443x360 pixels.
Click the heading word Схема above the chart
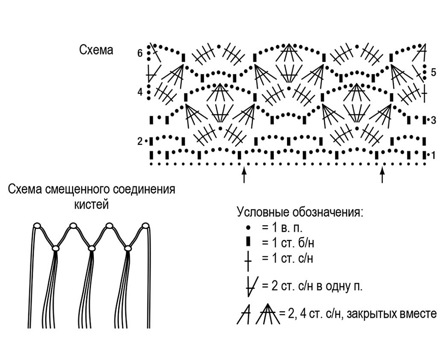[96, 50]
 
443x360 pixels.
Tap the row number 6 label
[140, 53]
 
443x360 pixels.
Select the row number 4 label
[140, 92]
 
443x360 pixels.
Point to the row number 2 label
[140, 141]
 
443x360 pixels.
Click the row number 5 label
[433, 72]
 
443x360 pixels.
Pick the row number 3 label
[433, 121]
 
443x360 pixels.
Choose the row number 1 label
[433, 155]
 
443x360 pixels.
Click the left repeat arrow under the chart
[244, 175]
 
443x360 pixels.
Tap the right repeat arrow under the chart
[383, 175]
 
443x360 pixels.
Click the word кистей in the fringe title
[92, 204]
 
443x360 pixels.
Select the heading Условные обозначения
[300, 212]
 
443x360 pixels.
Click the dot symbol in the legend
[249, 227]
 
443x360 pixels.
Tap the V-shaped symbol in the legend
[250, 286]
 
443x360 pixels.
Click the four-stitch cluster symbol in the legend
[267, 314]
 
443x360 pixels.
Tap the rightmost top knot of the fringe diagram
[145, 226]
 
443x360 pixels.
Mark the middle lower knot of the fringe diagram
[91, 248]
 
